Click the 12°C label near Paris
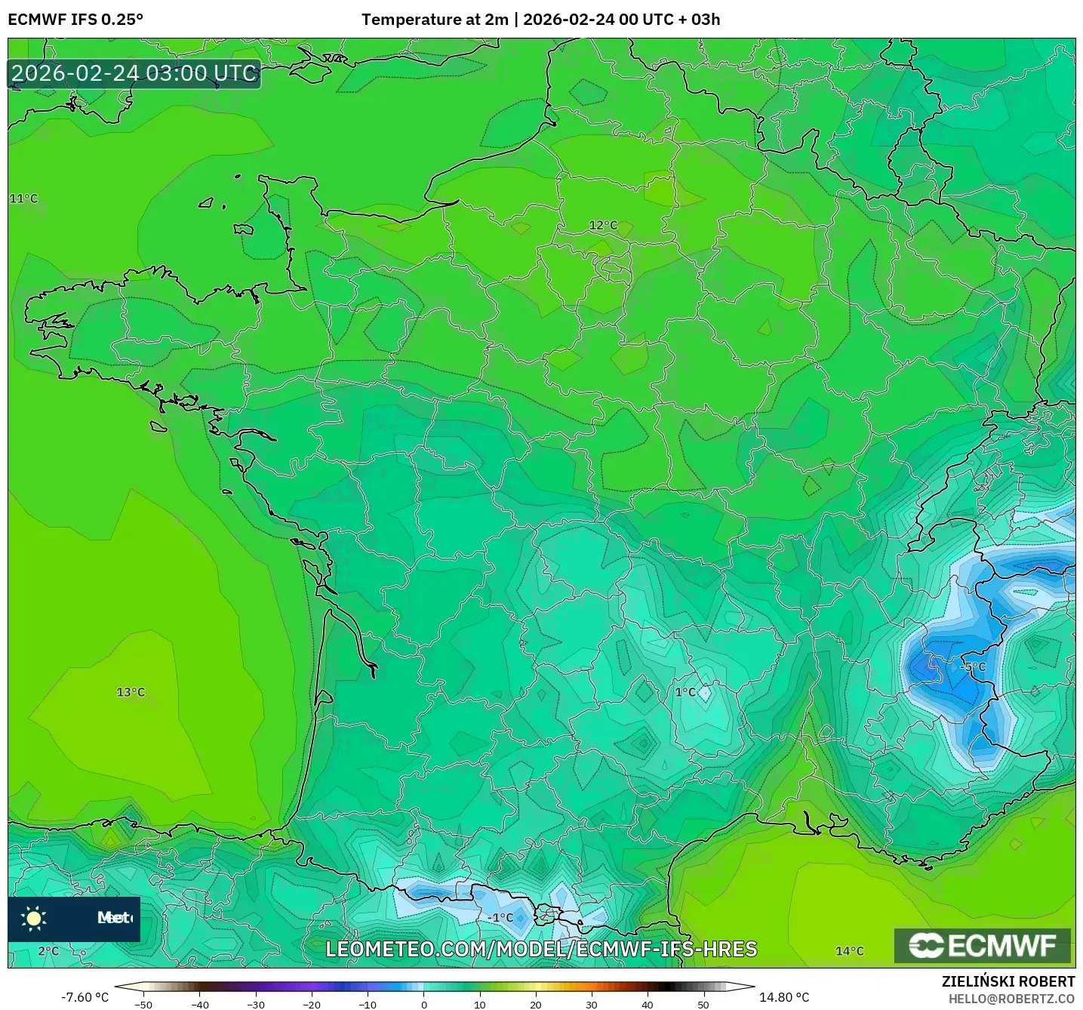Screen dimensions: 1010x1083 pyautogui.click(x=603, y=225)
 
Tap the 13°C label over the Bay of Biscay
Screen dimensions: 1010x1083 pyautogui.click(x=131, y=692)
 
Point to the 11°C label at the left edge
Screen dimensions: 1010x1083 pyautogui.click(x=23, y=199)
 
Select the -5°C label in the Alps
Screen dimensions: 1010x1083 pyautogui.click(x=973, y=667)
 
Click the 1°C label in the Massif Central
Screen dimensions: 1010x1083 pyautogui.click(x=685, y=692)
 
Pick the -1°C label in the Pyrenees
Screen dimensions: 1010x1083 pyautogui.click(x=500, y=918)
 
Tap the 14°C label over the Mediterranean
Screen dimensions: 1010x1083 pyautogui.click(x=849, y=951)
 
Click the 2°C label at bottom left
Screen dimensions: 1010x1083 pyautogui.click(x=48, y=951)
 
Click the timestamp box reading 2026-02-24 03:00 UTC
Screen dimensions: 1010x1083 pyautogui.click(x=134, y=73)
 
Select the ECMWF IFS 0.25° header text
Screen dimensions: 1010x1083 pyautogui.click(x=75, y=20)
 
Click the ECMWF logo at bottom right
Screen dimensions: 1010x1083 pyautogui.click(x=982, y=945)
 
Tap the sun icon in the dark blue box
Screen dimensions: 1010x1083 pyautogui.click(x=34, y=918)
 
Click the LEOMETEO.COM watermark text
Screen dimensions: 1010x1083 pyautogui.click(x=541, y=950)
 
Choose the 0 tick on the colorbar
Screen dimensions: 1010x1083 pyautogui.click(x=424, y=1004)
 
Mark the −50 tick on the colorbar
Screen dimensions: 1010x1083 pyautogui.click(x=143, y=1004)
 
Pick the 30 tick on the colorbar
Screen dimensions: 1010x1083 pyautogui.click(x=591, y=1004)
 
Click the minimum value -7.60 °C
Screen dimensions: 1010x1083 pyautogui.click(x=85, y=997)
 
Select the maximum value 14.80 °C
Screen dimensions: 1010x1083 pyautogui.click(x=784, y=997)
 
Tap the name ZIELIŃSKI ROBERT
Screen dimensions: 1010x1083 pyautogui.click(x=1008, y=981)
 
